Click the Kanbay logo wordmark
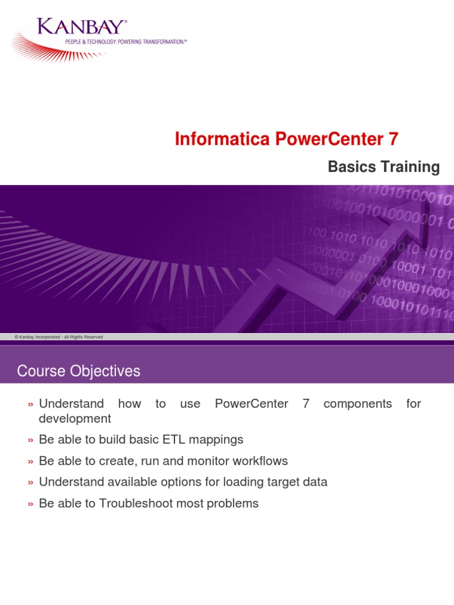(x=82, y=27)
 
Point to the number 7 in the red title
(x=393, y=139)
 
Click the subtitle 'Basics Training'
(x=384, y=167)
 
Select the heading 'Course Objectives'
(x=79, y=371)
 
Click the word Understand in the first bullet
(x=71, y=404)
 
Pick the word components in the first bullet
(x=358, y=404)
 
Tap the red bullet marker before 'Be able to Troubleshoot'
(x=30, y=504)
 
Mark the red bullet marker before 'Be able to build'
(x=30, y=440)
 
